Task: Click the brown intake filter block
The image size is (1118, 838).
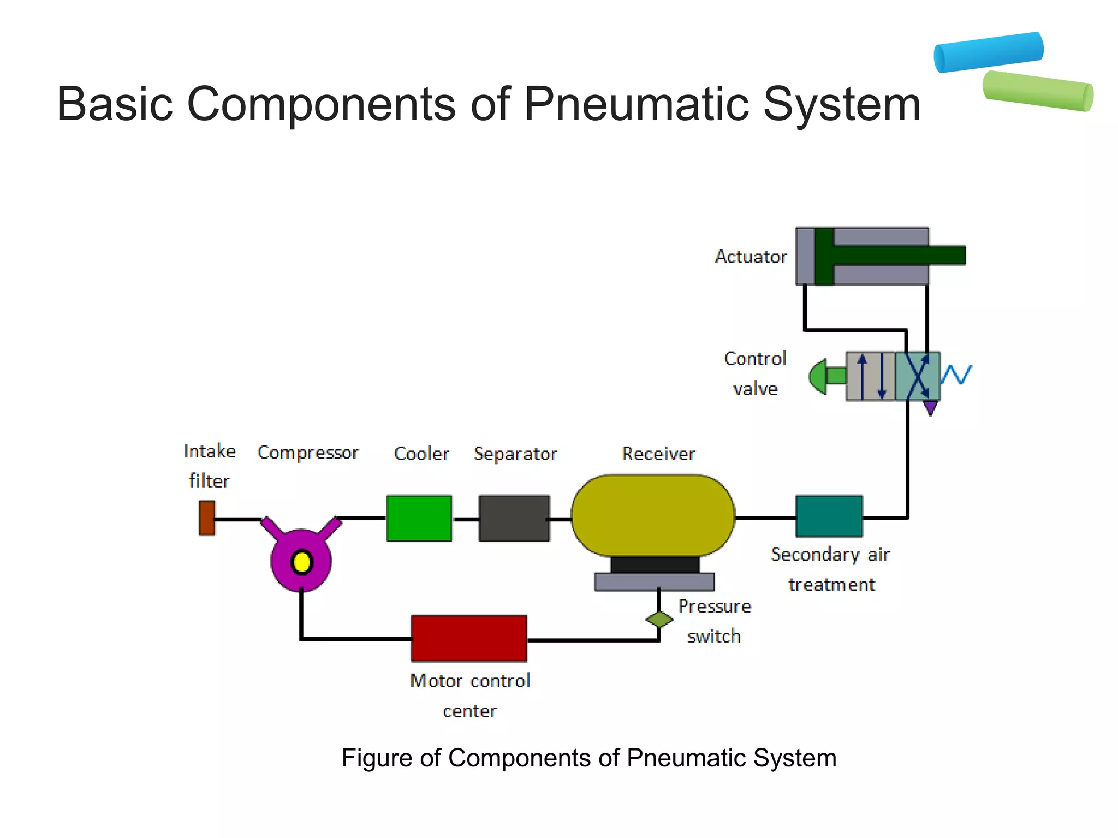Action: tap(207, 518)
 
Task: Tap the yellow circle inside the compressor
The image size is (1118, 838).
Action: tap(301, 562)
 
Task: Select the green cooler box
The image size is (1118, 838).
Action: tap(419, 518)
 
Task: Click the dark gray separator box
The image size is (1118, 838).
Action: tap(514, 518)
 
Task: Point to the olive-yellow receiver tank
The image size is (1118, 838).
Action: tap(653, 515)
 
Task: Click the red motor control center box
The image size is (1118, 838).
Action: tap(469, 638)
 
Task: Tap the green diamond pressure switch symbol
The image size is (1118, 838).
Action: tap(659, 619)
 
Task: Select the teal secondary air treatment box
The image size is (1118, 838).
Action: tap(829, 516)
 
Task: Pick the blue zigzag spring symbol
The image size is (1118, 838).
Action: tap(956, 375)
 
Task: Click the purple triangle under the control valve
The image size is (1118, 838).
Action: tap(931, 407)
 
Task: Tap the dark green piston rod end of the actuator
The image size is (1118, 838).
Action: tap(950, 255)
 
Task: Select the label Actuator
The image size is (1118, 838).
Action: tap(751, 257)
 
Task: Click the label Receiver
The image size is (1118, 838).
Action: tap(658, 454)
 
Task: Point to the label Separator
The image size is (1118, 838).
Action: tap(515, 454)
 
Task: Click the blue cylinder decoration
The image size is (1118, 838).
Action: tap(989, 52)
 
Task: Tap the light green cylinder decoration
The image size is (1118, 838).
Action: tap(1038, 91)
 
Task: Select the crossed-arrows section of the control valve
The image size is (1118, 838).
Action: tap(918, 376)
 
